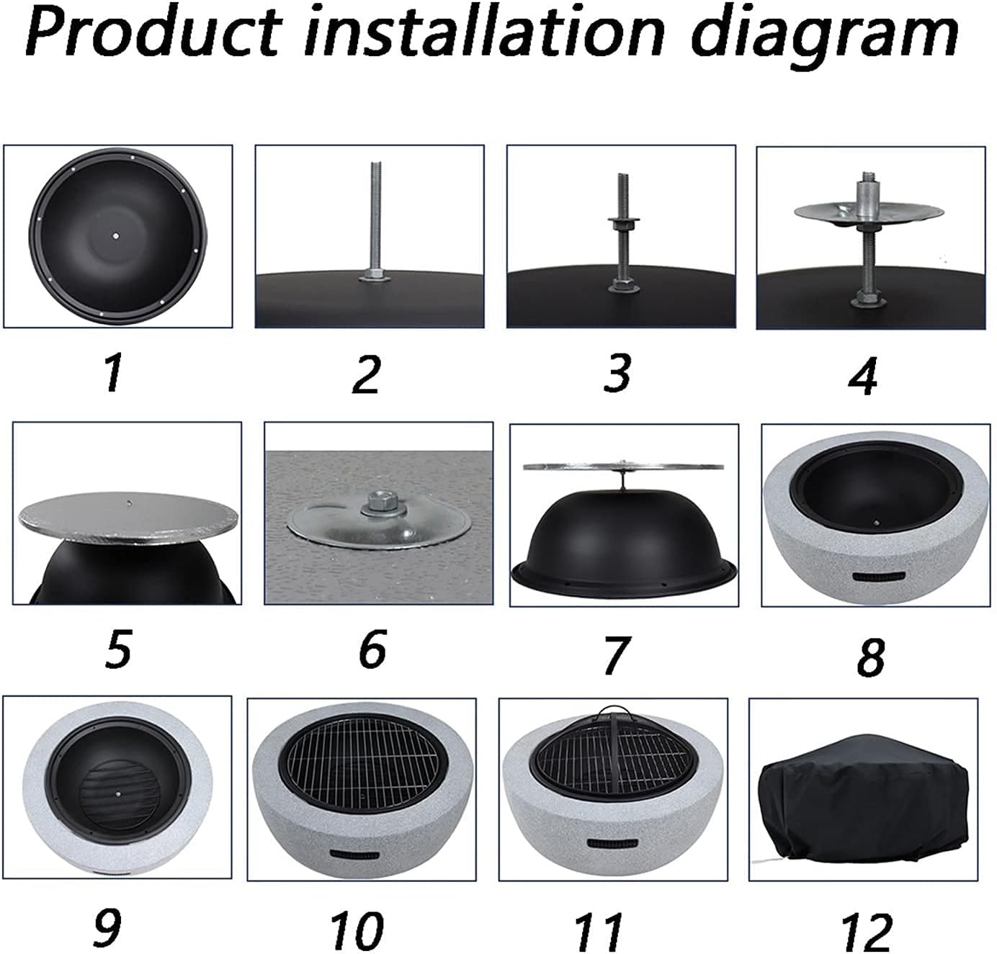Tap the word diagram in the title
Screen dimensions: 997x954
coord(824,38)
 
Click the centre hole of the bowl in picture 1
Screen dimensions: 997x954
coord(117,236)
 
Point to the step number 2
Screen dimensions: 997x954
coord(367,375)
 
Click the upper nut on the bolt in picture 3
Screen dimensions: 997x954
coord(624,222)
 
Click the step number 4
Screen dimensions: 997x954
coord(864,377)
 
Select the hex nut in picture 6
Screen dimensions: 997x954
coord(380,499)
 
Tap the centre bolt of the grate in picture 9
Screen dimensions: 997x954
coord(118,793)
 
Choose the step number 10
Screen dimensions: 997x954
coord(357,930)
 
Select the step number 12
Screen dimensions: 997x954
coord(867,931)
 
